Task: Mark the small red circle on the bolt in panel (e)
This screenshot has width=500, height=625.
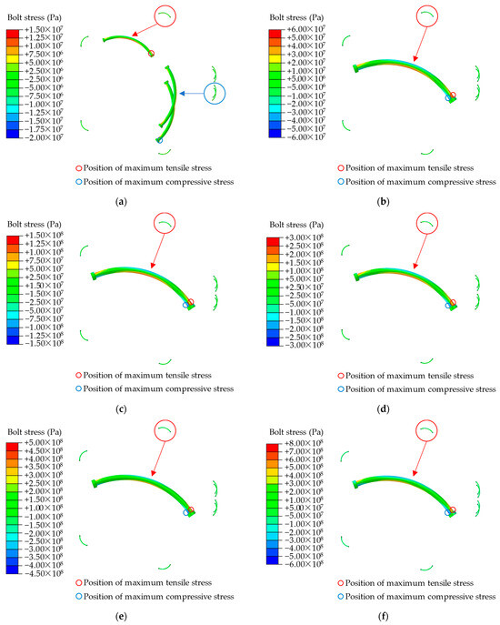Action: click(x=190, y=510)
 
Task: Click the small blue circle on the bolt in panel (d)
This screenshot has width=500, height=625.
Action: click(x=447, y=307)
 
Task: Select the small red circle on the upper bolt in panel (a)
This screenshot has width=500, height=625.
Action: click(x=151, y=54)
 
